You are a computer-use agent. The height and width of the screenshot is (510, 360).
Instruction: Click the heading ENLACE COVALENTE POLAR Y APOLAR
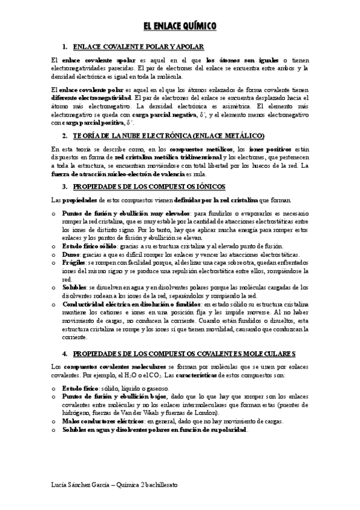138,46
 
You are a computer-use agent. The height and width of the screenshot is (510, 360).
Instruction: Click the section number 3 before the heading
64,187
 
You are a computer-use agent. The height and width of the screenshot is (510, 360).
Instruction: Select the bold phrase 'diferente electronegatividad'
90,97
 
